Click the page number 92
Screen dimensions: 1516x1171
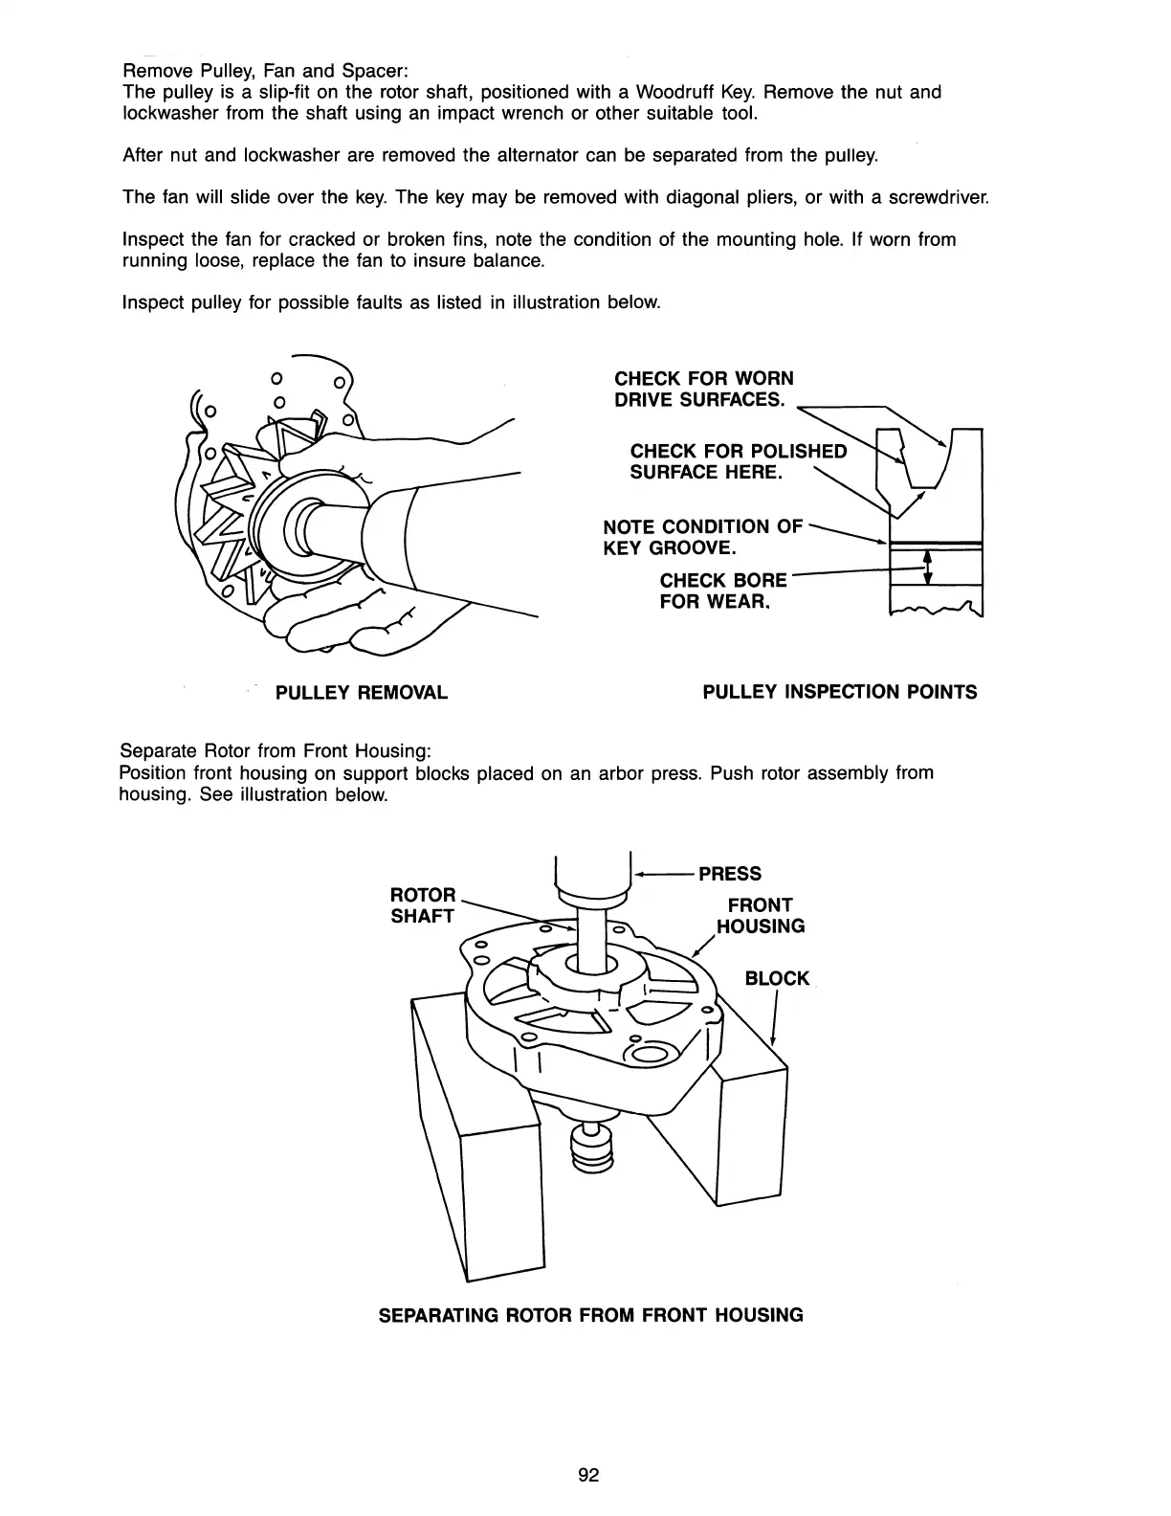587,1475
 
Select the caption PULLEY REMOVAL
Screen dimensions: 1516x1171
362,692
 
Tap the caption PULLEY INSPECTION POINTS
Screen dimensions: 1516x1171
840,692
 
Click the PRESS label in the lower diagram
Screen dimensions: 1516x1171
730,874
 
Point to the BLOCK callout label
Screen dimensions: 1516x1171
777,978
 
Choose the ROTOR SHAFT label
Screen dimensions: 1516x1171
424,905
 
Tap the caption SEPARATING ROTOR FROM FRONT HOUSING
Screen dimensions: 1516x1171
591,1315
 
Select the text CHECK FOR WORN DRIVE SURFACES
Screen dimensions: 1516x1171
704,389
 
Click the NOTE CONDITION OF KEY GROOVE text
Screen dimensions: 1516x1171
703,537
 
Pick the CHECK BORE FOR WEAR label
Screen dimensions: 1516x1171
723,591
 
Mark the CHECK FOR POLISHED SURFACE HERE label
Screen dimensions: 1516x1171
738,461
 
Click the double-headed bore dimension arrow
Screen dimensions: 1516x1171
925,565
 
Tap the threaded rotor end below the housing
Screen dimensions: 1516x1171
590,1148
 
